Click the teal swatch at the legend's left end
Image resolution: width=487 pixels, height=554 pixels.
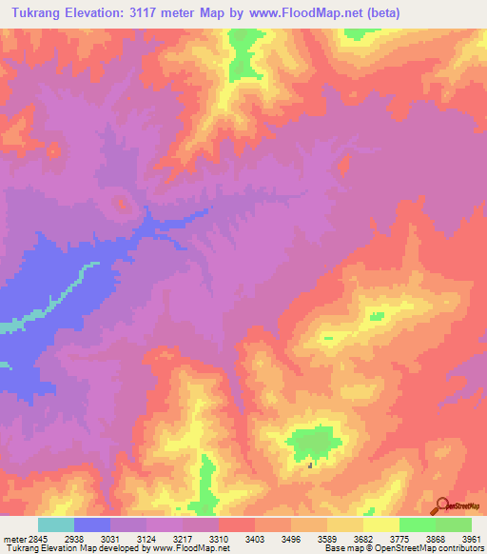pyautogui.click(x=56, y=524)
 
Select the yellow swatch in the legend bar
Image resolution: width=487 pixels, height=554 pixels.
pyautogui.click(x=380, y=524)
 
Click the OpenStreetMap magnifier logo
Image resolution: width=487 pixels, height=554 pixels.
pyautogui.click(x=441, y=505)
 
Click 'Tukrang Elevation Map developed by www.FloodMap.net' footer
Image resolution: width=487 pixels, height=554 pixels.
pyautogui.click(x=117, y=548)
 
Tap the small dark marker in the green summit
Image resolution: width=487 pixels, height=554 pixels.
pyautogui.click(x=310, y=465)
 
